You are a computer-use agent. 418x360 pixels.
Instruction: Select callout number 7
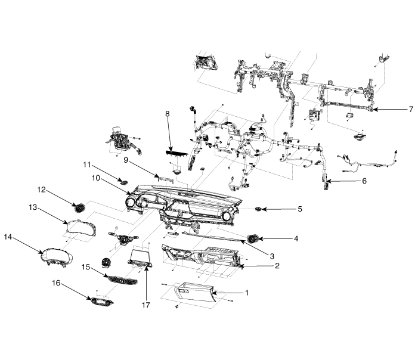click(411, 110)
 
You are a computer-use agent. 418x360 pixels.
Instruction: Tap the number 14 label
click(8, 237)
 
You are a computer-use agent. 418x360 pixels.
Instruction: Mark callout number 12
click(42, 190)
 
